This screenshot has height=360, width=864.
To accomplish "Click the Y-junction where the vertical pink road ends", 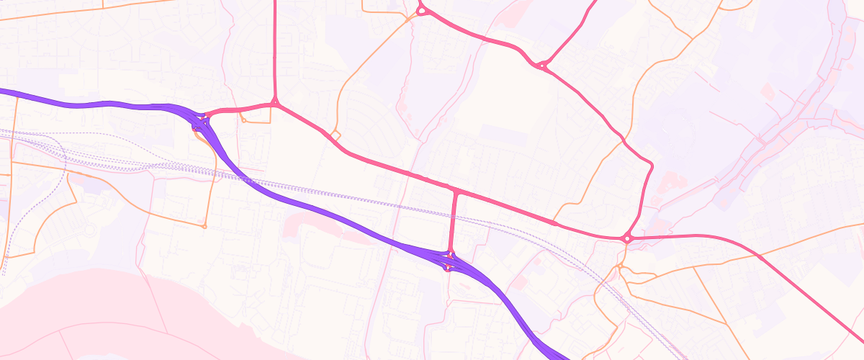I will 275,104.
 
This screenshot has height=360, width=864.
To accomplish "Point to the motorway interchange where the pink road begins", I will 200,121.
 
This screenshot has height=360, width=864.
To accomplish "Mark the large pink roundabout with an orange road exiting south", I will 627,238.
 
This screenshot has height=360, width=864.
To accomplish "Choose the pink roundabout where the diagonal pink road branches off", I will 541,66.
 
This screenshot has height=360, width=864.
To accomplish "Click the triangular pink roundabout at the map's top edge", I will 422,10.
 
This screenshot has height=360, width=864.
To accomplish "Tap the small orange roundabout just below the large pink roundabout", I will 619,266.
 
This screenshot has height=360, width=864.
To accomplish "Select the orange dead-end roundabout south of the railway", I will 204,227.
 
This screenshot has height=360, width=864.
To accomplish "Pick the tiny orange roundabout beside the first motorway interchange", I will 244,120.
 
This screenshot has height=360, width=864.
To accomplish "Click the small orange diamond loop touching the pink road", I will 335,135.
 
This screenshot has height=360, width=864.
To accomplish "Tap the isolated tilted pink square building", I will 768,91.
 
